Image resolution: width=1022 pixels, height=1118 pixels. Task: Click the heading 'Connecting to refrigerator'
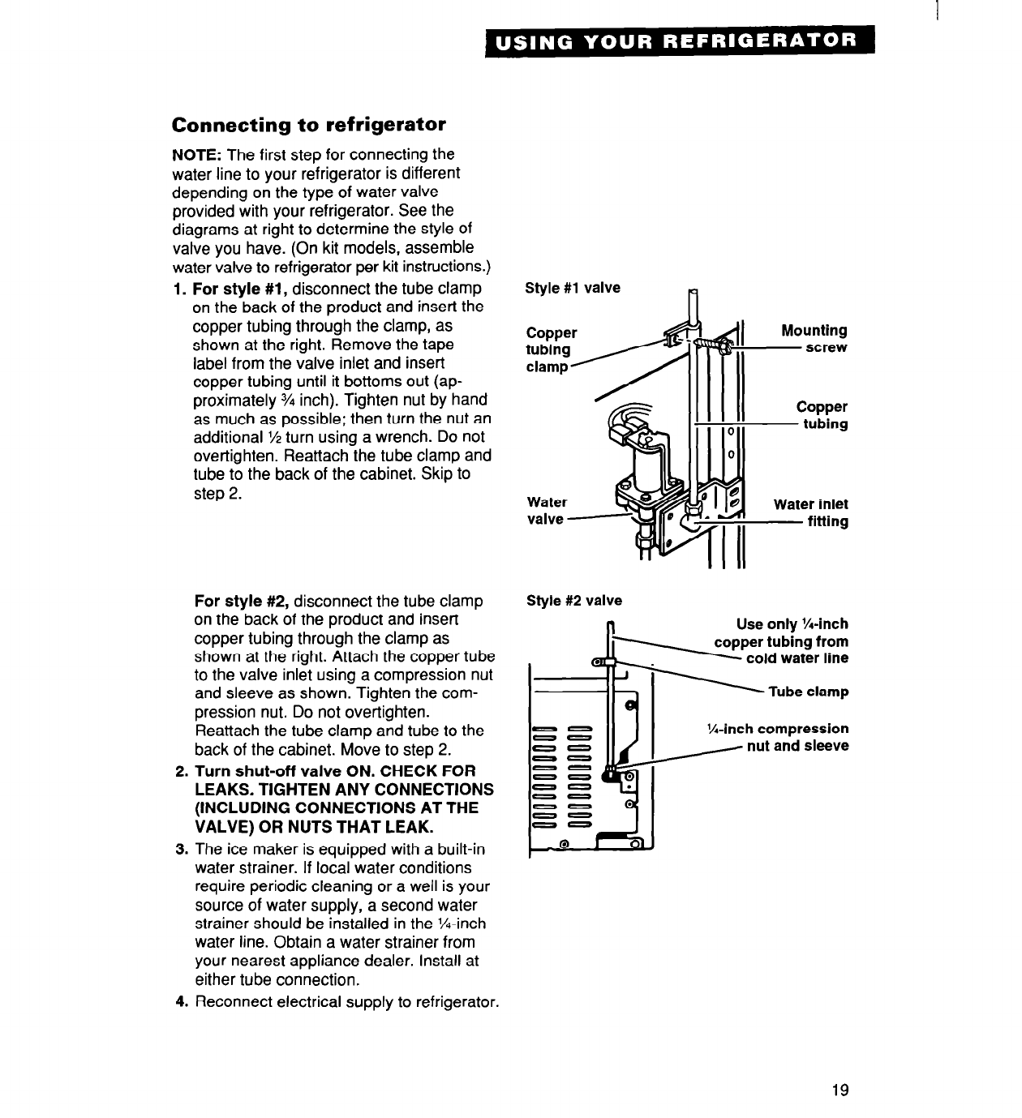click(308, 126)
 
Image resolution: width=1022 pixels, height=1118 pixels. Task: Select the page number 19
click(840, 1090)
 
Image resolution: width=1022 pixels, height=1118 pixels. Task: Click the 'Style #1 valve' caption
click(573, 288)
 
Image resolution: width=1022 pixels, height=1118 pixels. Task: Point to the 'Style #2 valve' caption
click(574, 601)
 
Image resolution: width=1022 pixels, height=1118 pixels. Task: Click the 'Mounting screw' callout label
click(814, 339)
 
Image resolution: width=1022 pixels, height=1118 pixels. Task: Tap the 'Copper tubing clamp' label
click(552, 349)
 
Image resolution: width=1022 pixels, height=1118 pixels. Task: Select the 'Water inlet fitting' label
click(810, 512)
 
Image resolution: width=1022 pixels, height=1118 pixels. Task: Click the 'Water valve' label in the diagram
click(546, 511)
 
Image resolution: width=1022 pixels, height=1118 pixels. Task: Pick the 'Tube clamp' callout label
click(808, 692)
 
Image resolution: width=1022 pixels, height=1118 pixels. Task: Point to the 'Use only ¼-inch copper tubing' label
click(781, 640)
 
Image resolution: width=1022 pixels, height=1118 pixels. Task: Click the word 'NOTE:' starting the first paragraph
click(197, 155)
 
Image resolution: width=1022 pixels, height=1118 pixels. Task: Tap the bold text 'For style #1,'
click(241, 289)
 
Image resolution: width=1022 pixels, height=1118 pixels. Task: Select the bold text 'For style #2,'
click(243, 602)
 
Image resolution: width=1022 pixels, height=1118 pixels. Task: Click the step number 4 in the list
click(181, 1002)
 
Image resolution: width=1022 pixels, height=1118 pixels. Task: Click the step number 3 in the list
click(181, 850)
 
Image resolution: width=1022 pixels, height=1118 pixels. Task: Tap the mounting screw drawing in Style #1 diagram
click(714, 346)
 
